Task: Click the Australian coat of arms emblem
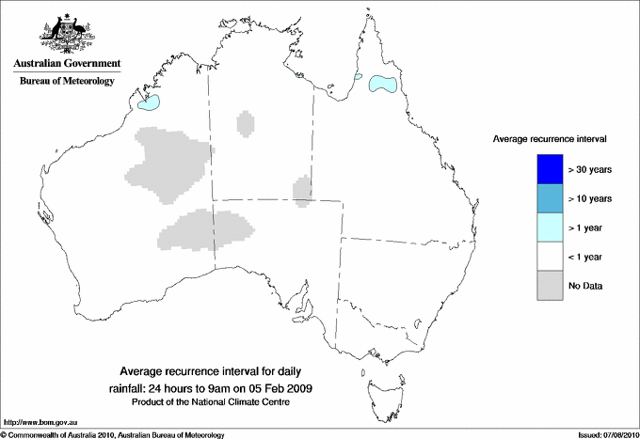[66, 32]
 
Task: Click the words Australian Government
[67, 63]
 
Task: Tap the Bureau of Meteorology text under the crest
[67, 81]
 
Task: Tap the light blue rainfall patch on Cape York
[382, 84]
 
